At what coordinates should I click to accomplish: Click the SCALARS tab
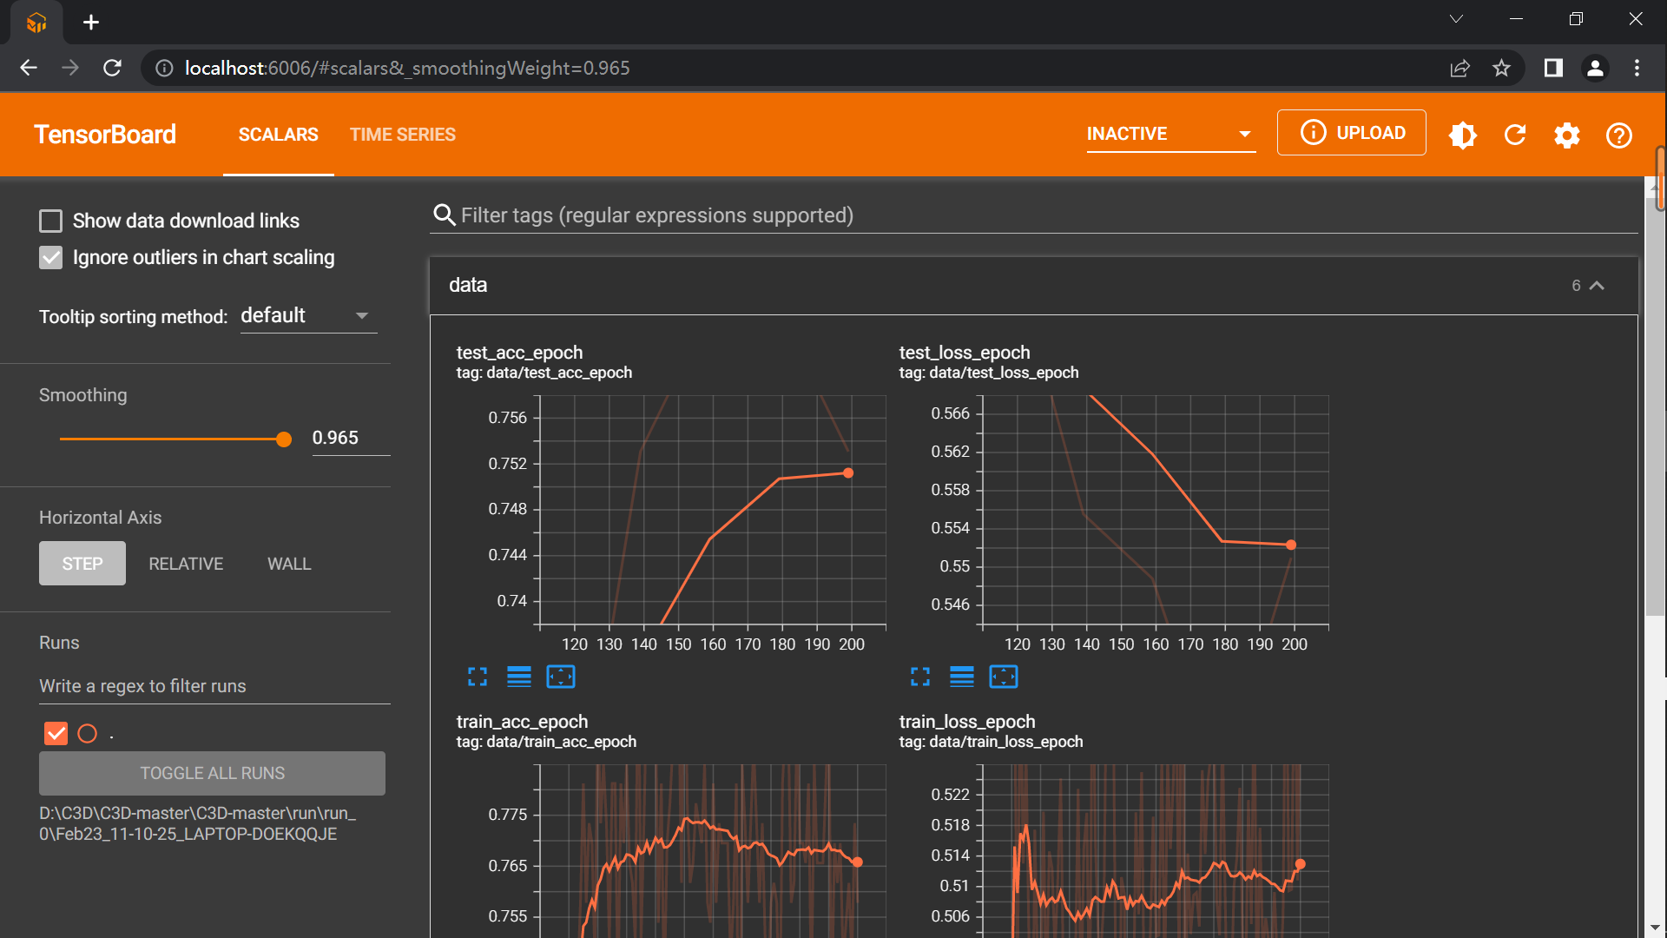click(278, 135)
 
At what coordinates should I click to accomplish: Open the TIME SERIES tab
click(402, 135)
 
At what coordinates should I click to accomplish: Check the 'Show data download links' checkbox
click(51, 221)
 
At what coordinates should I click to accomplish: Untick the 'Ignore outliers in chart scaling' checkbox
click(51, 258)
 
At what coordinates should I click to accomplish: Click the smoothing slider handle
click(284, 439)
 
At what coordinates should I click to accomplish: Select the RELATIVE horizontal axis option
click(186, 564)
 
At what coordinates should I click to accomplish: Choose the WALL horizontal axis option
click(289, 564)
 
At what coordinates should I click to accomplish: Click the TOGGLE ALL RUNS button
click(212, 773)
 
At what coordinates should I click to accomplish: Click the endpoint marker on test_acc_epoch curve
click(848, 473)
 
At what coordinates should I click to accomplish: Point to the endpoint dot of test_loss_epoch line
click(1291, 545)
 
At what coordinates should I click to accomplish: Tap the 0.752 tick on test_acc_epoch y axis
click(508, 464)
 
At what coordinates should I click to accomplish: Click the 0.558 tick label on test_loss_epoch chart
click(950, 490)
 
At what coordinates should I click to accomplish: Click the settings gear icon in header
click(1566, 135)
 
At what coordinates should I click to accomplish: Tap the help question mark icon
click(1618, 135)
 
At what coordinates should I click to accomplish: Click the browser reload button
click(112, 68)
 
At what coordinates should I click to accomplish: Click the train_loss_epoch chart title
click(966, 722)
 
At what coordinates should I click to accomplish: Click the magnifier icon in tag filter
click(445, 215)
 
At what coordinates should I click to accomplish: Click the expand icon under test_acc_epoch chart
click(478, 677)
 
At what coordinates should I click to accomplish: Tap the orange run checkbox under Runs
click(56, 734)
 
